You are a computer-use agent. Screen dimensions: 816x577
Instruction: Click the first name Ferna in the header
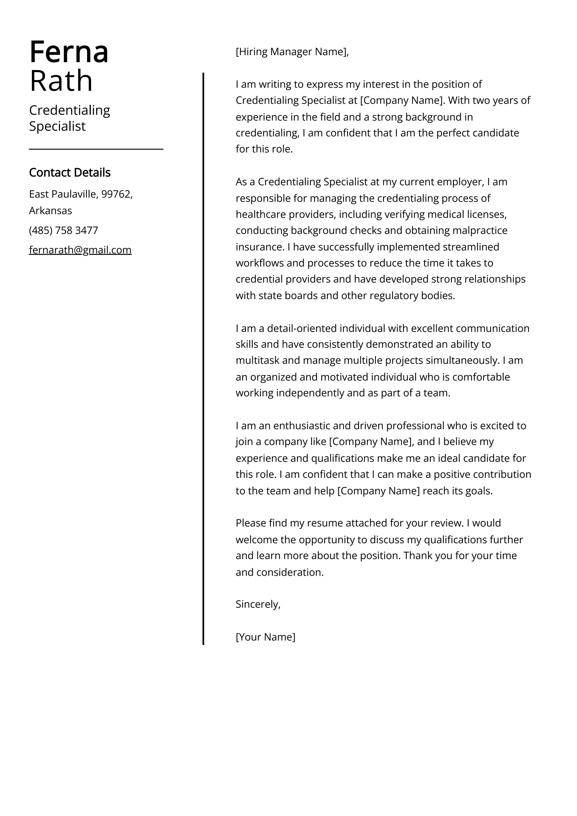point(69,52)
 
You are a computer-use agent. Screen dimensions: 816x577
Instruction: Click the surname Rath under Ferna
point(61,81)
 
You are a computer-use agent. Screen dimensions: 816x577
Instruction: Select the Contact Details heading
point(70,173)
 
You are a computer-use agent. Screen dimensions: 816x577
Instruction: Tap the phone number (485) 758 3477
point(63,231)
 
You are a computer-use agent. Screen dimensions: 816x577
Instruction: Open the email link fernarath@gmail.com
point(80,250)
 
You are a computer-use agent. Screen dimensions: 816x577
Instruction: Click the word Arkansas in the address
point(51,211)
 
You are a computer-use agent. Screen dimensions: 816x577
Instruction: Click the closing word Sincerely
point(258,604)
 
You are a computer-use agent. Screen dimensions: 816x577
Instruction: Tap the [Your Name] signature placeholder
point(265,637)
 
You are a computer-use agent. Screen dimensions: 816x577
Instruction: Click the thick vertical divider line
point(203,355)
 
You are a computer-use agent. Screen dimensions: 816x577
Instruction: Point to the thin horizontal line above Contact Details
point(96,149)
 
